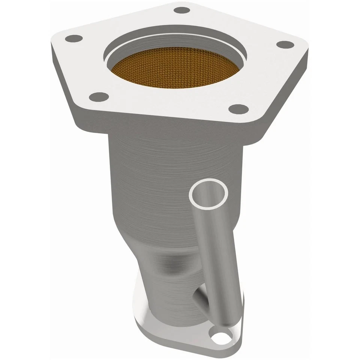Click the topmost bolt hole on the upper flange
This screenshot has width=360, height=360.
click(183, 10)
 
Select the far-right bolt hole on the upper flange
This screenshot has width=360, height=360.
click(285, 44)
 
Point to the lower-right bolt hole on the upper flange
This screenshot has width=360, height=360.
click(238, 109)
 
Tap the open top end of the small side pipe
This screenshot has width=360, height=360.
click(208, 193)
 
